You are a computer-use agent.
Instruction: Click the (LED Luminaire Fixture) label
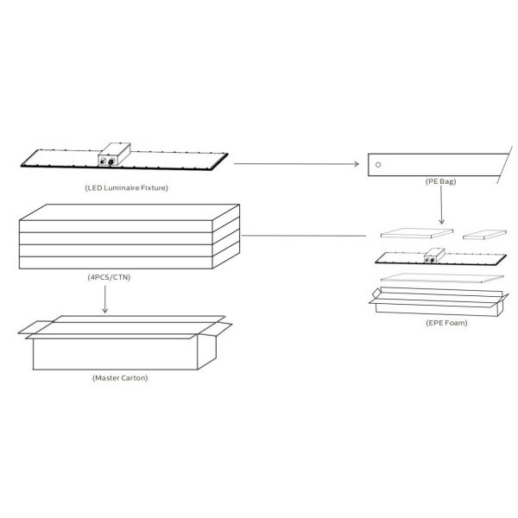point(127,188)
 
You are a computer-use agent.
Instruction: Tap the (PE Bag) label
point(440,181)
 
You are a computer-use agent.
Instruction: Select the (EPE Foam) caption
point(446,323)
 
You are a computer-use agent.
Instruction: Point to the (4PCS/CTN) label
point(109,277)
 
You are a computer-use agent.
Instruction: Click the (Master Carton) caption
point(120,378)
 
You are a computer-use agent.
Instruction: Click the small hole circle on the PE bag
point(378,165)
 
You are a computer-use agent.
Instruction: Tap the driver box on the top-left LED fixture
point(114,155)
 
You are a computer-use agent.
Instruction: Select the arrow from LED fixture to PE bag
point(296,164)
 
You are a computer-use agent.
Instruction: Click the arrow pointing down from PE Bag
point(441,205)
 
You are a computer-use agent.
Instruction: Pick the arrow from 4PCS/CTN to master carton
point(105,299)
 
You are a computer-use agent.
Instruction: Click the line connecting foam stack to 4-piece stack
point(304,236)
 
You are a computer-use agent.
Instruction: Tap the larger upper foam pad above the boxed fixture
point(417,233)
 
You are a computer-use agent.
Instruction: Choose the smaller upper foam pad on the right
point(484,235)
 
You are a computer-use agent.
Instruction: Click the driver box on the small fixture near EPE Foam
point(434,256)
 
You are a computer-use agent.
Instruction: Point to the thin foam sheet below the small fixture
point(442,278)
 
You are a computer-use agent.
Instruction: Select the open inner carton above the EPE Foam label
point(439,301)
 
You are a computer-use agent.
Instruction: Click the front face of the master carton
point(115,354)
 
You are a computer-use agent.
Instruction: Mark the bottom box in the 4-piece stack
point(116,262)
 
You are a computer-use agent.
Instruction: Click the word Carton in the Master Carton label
point(134,378)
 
